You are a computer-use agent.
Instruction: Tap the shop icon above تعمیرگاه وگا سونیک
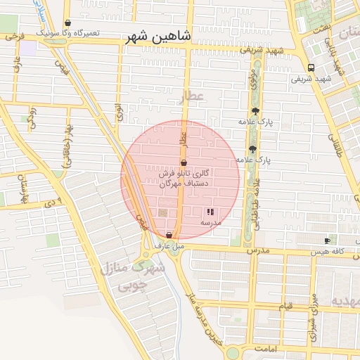pos(67,23)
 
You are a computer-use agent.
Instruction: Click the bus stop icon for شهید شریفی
pos(311,67)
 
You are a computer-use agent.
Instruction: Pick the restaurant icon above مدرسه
pos(210,211)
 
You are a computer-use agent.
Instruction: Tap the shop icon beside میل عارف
pos(169,234)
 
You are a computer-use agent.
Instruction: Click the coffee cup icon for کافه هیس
pos(327,241)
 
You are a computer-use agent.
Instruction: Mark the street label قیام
pos(285,306)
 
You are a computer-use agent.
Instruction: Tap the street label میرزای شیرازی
pos(314,314)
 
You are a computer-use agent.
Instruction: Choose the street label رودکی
pos(32,120)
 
